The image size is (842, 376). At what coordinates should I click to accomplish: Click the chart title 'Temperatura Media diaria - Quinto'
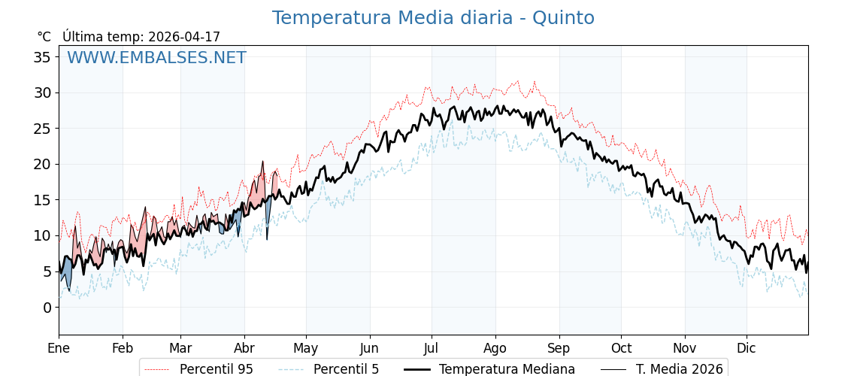point(433,18)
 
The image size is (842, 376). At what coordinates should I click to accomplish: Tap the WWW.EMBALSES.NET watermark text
point(156,58)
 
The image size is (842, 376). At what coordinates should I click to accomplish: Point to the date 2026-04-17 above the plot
point(184,37)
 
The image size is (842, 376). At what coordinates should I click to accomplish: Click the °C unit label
point(44,37)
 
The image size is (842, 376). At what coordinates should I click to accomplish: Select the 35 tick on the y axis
point(42,57)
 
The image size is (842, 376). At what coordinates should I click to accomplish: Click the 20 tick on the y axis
point(42,164)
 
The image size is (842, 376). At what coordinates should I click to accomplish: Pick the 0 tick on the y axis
point(47,307)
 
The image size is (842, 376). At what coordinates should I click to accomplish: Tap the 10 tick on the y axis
point(42,235)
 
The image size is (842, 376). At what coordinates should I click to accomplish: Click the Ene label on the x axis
point(59,348)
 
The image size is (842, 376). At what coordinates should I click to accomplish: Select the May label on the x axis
point(306,348)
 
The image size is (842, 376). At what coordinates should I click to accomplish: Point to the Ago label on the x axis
point(495,348)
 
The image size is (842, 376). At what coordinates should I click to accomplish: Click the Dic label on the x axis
point(747,348)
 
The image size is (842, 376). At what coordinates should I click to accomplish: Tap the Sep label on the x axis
point(559,348)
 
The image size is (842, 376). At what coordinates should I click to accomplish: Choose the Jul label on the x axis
point(432,348)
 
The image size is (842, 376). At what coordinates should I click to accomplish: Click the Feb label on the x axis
point(123,348)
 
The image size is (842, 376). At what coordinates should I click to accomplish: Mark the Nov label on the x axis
point(685,348)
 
